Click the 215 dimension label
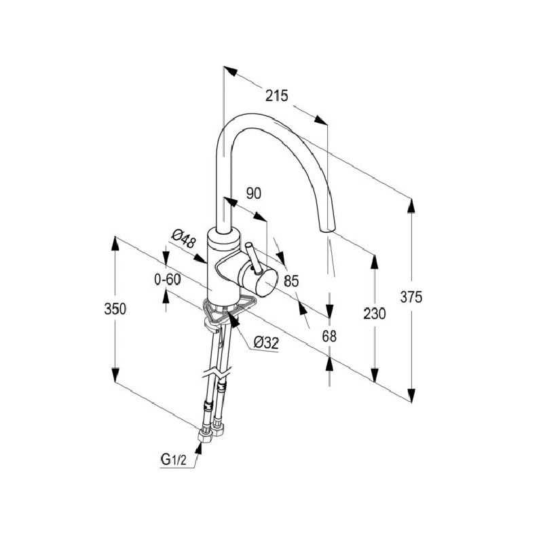pos(276,96)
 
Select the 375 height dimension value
pos(411,297)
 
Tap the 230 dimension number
pos(374,314)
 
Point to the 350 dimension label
pos(115,309)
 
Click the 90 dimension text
pos(253,193)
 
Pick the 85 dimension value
pos(291,279)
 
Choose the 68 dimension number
pos(330,335)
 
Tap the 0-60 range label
pos(167,279)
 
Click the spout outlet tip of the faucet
pos(326,231)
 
